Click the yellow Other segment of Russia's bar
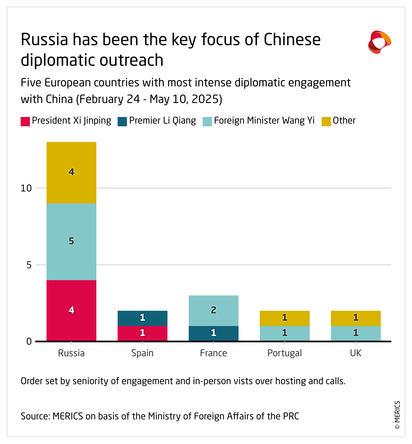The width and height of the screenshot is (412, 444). point(71,172)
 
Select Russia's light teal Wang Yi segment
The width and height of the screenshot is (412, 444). point(71,242)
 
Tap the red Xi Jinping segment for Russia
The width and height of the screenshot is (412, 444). point(71,310)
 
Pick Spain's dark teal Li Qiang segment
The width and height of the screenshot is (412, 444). point(143,318)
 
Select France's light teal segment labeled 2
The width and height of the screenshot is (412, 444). point(214,310)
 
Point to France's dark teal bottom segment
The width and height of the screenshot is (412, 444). point(214,333)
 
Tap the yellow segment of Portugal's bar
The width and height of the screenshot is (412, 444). point(285,318)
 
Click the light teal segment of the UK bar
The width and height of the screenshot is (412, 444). point(356,333)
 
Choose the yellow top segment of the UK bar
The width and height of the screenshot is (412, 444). point(356,318)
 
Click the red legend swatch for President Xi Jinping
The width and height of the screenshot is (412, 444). point(25,121)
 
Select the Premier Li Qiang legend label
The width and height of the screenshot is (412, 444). point(162,121)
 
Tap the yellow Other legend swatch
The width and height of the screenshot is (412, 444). point(326,121)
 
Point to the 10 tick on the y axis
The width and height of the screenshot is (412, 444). point(26,188)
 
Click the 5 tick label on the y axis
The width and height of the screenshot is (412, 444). point(29,265)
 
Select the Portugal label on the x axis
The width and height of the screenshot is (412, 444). point(285,353)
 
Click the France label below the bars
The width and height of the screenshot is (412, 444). point(214,353)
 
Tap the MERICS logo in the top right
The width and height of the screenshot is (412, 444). point(379,42)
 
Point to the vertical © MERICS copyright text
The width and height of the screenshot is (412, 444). point(397,415)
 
